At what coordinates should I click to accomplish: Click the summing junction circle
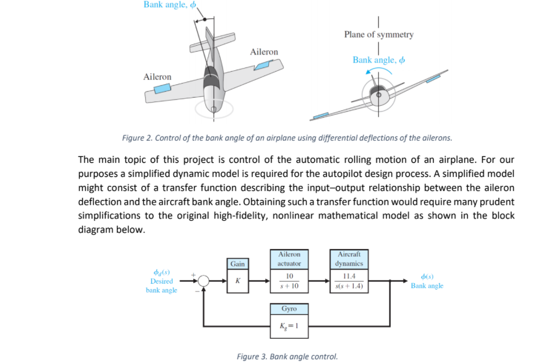coord(203,281)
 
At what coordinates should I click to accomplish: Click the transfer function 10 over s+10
coord(289,281)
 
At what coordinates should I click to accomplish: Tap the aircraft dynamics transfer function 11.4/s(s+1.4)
coord(349,281)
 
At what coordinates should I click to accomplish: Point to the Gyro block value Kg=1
coord(289,326)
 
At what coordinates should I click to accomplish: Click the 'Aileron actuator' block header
coord(289,258)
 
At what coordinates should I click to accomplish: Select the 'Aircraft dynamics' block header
coord(349,258)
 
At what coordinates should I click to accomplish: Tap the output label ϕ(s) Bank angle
coord(427,281)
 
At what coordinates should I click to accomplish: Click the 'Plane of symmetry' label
coord(379,35)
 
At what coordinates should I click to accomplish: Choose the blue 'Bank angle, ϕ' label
coord(379,60)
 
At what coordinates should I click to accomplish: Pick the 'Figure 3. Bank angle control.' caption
coord(287,356)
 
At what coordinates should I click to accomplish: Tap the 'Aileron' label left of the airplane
coord(157,77)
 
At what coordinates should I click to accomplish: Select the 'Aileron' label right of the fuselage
coord(264,52)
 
